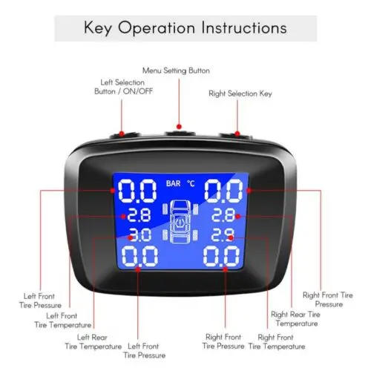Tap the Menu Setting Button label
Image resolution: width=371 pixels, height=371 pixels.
click(x=176, y=70)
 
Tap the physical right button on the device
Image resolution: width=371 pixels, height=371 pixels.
click(x=234, y=135)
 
